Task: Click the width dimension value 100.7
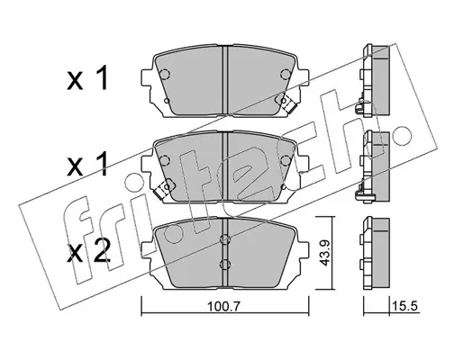(224, 306)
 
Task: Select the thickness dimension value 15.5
(404, 306)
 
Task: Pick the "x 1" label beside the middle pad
(87, 164)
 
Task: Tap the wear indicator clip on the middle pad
(162, 190)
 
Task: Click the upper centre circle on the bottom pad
(225, 239)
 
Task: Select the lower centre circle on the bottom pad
(225, 264)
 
